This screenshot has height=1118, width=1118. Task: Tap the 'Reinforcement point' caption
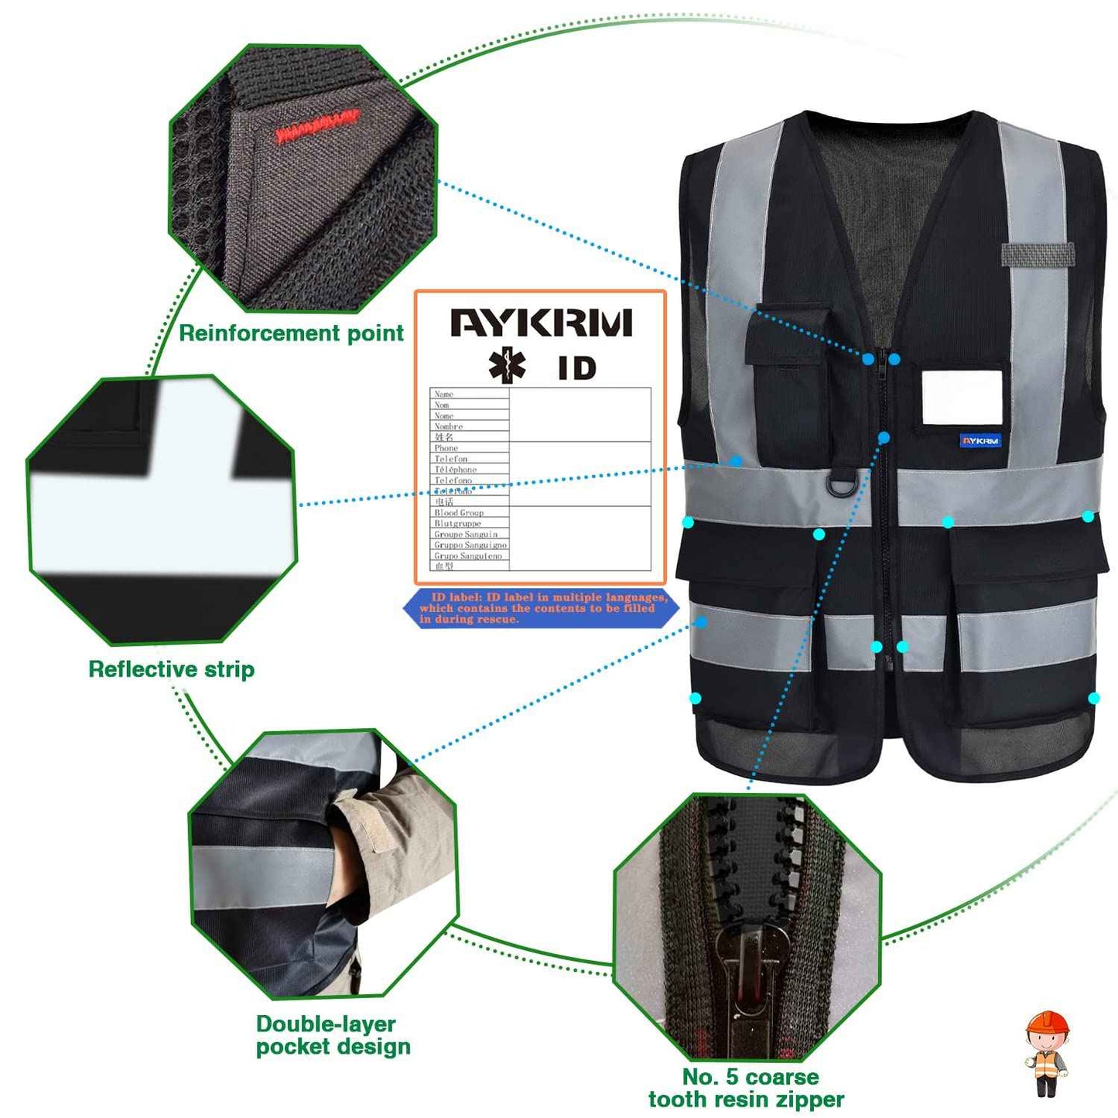[x=291, y=333]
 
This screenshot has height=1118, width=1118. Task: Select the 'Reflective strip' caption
[x=171, y=669]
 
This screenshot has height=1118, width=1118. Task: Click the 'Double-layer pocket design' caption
[x=333, y=1035]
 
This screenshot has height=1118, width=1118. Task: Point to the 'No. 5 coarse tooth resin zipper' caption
[x=747, y=1088]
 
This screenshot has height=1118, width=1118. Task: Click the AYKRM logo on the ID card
[x=541, y=323]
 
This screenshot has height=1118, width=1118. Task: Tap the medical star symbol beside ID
[x=507, y=366]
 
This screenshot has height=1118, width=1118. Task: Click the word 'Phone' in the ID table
[x=446, y=448]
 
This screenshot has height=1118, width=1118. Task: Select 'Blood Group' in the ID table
[x=459, y=513]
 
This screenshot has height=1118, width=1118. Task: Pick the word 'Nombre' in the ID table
[x=449, y=426]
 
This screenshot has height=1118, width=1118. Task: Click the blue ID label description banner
[x=542, y=608]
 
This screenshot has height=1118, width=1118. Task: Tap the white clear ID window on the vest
[x=962, y=398]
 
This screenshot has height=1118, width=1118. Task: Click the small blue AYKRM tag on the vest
[x=980, y=441]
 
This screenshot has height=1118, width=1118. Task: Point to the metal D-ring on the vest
[x=842, y=486]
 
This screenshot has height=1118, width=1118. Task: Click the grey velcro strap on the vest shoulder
[x=1038, y=254]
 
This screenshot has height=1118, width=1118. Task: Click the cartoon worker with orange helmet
[x=1047, y=1053]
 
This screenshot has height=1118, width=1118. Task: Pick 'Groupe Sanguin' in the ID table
[x=466, y=535]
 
